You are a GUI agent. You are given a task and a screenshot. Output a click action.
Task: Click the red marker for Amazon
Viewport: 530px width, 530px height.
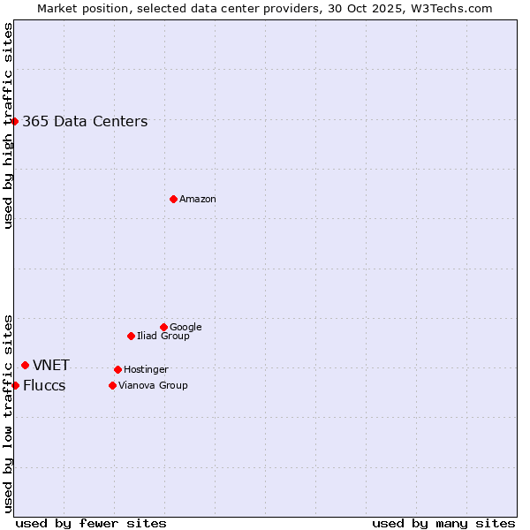[173, 199]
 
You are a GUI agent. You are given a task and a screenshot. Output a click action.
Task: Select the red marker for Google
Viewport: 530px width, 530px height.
[163, 327]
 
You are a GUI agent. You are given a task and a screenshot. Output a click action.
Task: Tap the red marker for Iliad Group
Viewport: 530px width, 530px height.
[131, 336]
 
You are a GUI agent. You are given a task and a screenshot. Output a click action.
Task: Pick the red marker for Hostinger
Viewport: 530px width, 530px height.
[117, 369]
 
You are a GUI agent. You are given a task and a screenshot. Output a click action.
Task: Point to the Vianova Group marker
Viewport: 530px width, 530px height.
[112, 385]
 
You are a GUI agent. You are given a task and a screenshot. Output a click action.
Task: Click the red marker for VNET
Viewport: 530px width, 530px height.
[25, 365]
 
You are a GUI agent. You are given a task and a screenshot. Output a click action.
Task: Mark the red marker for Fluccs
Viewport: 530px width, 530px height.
[15, 385]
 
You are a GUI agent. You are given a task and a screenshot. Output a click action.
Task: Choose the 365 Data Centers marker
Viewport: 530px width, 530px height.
[15, 121]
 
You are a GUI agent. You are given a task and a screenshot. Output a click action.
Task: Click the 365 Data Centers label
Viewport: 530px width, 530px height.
[85, 122]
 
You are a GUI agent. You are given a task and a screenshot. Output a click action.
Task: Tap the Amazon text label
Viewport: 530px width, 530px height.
[198, 200]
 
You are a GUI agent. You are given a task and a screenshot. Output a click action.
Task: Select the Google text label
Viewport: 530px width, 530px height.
[185, 328]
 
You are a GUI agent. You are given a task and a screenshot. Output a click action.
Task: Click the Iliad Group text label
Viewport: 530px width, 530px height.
[163, 337]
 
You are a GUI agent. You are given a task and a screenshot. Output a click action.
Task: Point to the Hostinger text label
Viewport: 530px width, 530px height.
[146, 370]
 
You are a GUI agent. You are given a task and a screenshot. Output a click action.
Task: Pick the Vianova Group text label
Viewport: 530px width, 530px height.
[153, 386]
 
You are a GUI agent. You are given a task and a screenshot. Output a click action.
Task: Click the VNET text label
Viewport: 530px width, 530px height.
[51, 366]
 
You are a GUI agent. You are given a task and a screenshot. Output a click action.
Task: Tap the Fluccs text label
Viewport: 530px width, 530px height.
[44, 386]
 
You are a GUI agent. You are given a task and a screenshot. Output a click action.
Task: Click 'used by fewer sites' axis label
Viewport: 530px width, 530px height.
[91, 523]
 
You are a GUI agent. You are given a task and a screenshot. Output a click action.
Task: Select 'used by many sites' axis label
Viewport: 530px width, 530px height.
[443, 523]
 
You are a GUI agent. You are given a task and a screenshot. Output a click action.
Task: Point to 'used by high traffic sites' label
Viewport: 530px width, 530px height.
[8, 125]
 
